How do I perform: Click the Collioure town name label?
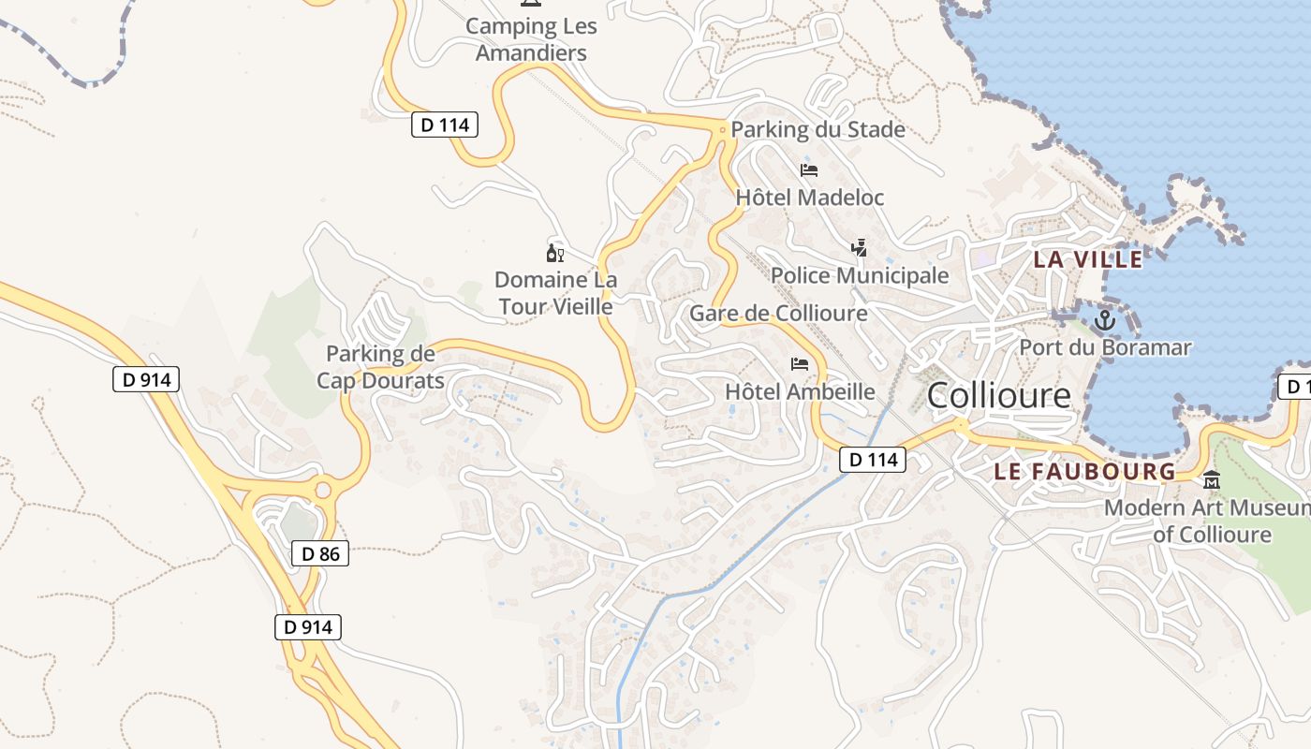pos(998,396)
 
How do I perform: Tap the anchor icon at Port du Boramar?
pos(1105,321)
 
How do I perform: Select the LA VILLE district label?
pos(1087,259)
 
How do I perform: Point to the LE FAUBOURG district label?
pos(1084,471)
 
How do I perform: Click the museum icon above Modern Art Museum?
pos(1212,480)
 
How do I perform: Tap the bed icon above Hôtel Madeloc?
pos(809,170)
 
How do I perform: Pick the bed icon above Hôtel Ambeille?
pos(800,363)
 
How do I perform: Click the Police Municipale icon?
pos(859,248)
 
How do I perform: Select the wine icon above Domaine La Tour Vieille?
pos(555,253)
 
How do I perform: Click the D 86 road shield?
pos(320,553)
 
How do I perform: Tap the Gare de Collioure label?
pos(778,313)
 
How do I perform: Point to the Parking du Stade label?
pos(818,129)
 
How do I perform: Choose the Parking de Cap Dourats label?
pos(380,367)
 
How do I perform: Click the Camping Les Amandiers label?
pos(531,39)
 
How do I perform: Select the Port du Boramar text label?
pos(1105,347)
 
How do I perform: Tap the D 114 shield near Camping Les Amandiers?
pos(445,124)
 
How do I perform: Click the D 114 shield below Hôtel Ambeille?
pos(873,459)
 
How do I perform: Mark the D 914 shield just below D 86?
pos(308,626)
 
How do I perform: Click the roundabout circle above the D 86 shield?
pos(323,489)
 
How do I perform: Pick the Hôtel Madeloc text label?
pos(809,198)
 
